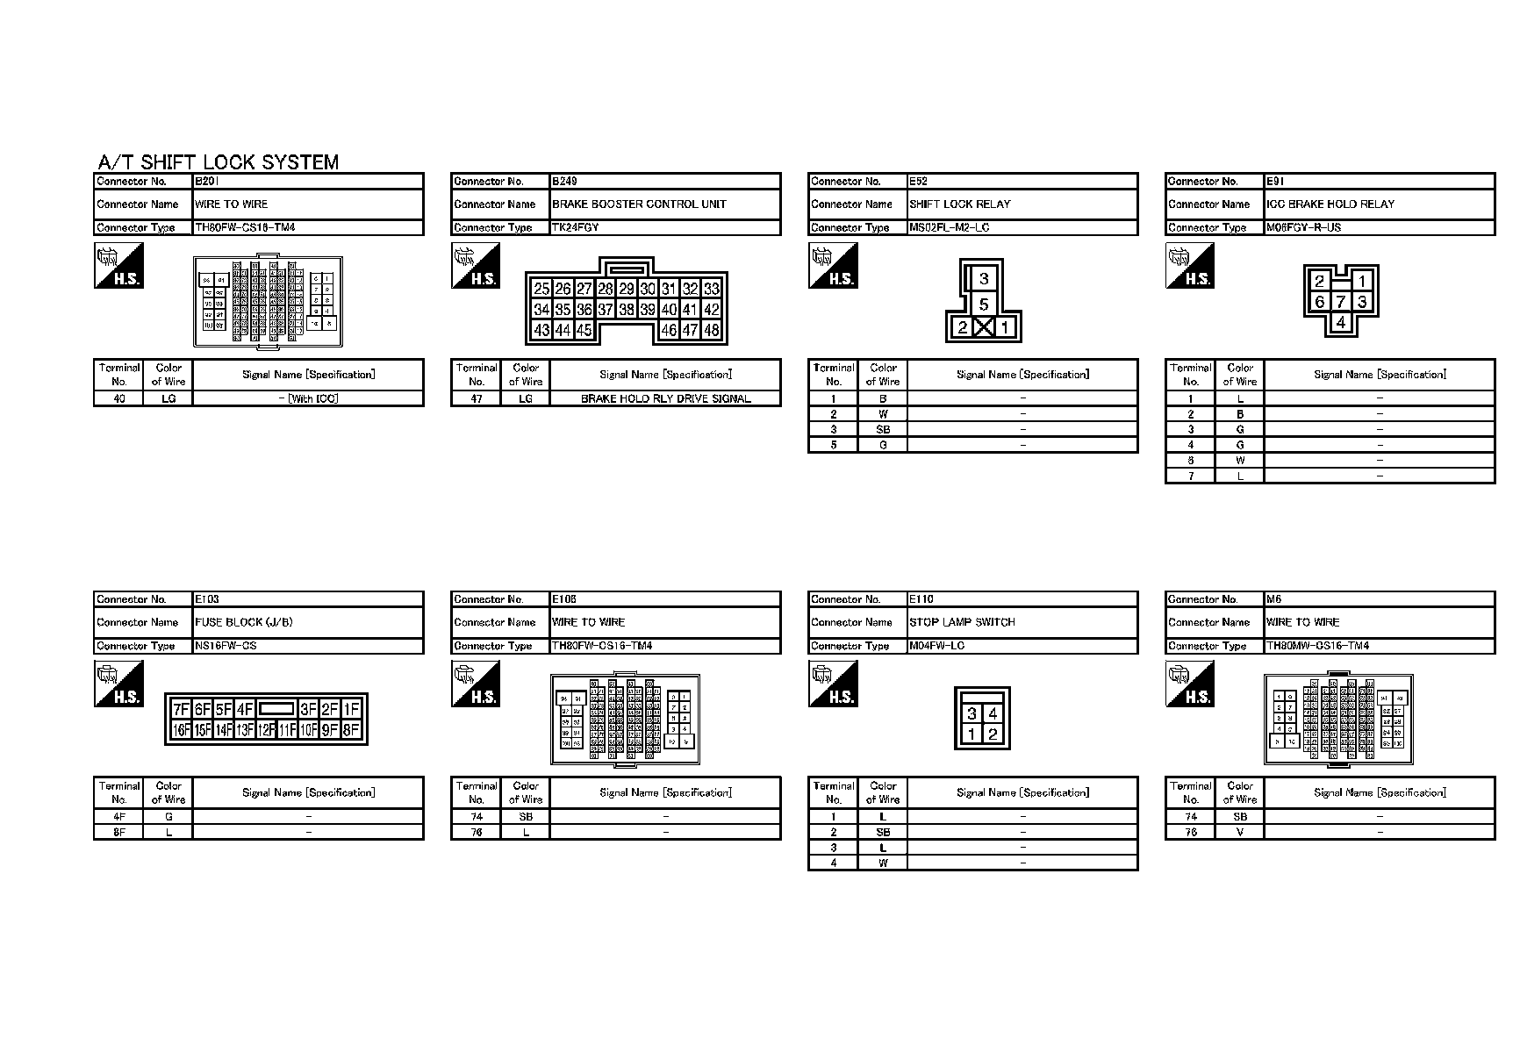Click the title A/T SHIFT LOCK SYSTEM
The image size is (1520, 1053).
coord(218,162)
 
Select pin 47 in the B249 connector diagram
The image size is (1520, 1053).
coord(690,331)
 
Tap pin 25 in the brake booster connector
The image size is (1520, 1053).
coord(541,289)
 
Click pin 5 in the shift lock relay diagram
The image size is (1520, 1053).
coord(984,304)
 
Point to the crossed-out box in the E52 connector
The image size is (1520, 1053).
coord(984,328)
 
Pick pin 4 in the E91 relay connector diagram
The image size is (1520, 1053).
coord(1340,322)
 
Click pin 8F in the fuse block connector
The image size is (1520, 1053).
coord(350,730)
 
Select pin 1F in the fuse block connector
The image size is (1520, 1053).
coord(351,709)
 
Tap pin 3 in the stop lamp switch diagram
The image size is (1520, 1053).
coord(972,714)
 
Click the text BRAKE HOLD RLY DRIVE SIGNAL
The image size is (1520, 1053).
coord(665,398)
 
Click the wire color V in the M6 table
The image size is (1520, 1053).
coord(1239,832)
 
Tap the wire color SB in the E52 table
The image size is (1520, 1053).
coord(883,429)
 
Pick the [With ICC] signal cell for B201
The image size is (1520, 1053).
coord(307,398)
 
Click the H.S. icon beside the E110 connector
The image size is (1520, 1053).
coord(833,684)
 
